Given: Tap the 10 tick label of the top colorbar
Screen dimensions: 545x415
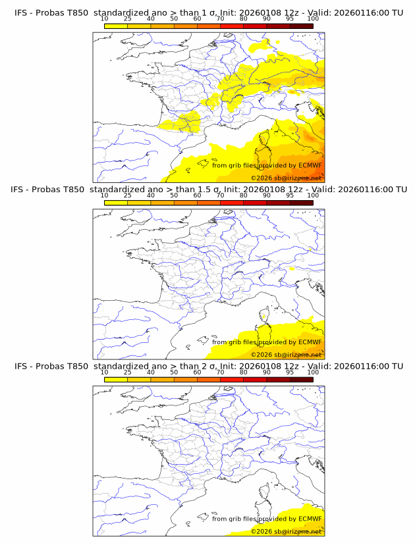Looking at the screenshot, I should [104, 19].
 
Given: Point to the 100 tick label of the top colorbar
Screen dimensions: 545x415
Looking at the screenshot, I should [313, 19].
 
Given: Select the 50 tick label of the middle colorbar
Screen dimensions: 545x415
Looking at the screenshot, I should [174, 195].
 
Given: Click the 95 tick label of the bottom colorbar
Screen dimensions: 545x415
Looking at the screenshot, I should [290, 372].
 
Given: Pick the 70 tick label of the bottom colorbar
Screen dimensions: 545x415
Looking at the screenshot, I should [220, 372].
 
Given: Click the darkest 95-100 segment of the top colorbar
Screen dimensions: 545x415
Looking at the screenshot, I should [302, 26].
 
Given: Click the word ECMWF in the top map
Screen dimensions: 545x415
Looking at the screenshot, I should [310, 166].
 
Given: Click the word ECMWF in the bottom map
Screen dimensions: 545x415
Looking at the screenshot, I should [310, 519].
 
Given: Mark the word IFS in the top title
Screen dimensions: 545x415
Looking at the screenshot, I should [22, 13].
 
